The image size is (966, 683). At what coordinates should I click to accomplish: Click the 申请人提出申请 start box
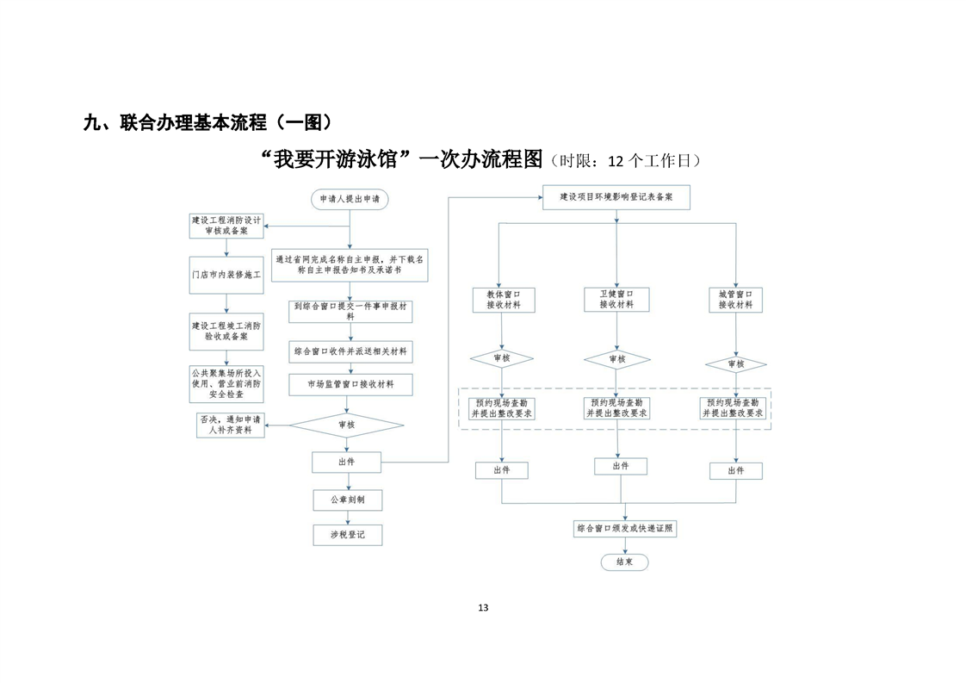(x=350, y=199)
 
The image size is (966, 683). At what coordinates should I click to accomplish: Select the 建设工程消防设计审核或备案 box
(x=226, y=226)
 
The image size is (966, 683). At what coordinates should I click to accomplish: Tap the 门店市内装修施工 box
(x=226, y=275)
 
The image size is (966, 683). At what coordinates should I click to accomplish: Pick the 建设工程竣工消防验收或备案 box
(x=226, y=332)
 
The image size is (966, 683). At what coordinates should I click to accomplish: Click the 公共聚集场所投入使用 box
(x=226, y=384)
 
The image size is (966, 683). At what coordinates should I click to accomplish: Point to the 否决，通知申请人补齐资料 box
(x=231, y=425)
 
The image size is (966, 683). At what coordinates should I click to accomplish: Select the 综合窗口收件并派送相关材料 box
(x=350, y=352)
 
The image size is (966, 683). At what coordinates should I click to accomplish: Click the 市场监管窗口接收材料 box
(x=350, y=385)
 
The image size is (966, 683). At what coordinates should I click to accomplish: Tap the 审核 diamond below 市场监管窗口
(x=347, y=425)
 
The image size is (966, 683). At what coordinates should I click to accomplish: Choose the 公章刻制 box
(x=348, y=500)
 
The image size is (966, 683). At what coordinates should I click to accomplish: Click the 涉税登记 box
(x=348, y=535)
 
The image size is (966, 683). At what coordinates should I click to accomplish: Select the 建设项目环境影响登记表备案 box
(x=616, y=197)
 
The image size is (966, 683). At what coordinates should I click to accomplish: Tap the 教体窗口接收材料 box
(x=504, y=301)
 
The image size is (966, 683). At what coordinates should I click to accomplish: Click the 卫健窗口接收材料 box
(x=616, y=300)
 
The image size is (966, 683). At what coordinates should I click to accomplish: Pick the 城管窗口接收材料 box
(x=735, y=301)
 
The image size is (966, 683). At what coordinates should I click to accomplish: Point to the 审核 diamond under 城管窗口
(x=735, y=364)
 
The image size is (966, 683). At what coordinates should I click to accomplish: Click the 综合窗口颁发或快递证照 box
(x=625, y=529)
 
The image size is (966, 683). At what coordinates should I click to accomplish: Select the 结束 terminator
(x=625, y=562)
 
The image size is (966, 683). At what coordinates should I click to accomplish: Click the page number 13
(x=483, y=608)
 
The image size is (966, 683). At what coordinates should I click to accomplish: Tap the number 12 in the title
(x=616, y=162)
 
